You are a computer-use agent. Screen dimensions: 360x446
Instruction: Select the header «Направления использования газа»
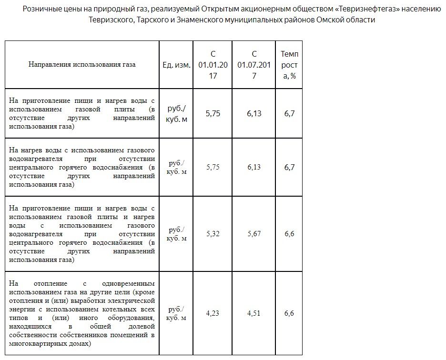click(82, 65)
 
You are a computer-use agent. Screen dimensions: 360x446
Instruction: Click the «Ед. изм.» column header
click(176, 65)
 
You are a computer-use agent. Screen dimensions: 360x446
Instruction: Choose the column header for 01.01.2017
click(213, 65)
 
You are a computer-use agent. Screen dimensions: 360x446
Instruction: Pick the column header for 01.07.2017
click(254, 65)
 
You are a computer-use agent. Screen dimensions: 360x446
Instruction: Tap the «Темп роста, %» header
click(289, 65)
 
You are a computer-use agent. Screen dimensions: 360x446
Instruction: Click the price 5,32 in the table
click(213, 234)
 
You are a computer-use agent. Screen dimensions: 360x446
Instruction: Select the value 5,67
click(254, 234)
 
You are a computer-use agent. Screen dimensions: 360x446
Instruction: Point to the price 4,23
click(213, 313)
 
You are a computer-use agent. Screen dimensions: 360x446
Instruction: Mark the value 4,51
click(254, 313)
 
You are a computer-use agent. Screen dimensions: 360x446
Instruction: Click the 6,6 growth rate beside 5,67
click(289, 234)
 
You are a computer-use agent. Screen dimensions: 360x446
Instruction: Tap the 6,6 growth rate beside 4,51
click(289, 313)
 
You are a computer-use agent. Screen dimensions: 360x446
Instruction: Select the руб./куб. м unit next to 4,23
click(176, 313)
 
